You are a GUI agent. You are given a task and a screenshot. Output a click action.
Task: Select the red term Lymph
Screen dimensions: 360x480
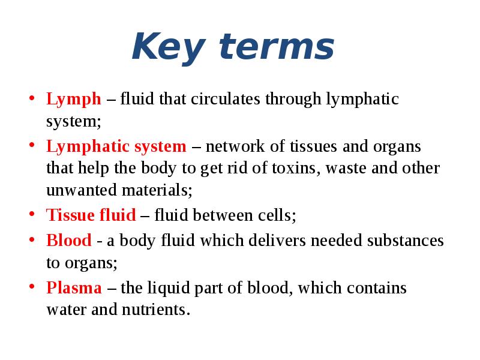coord(73,100)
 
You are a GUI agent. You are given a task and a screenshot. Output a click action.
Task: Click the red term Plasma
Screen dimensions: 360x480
coord(74,289)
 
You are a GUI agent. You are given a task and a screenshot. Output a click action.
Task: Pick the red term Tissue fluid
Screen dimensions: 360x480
coord(91,215)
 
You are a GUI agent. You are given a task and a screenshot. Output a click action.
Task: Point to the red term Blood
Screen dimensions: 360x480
coord(69,241)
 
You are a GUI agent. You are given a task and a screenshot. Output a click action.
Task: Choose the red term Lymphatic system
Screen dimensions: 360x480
coord(116,147)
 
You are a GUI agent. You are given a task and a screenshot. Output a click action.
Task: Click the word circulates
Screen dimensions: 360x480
coord(224,99)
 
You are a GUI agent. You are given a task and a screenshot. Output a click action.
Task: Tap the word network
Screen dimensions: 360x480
coord(235,147)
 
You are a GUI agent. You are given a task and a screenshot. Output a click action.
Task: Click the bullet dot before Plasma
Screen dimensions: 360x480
coord(32,287)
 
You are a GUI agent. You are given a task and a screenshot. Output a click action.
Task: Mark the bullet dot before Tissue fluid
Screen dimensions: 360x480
coord(32,214)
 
